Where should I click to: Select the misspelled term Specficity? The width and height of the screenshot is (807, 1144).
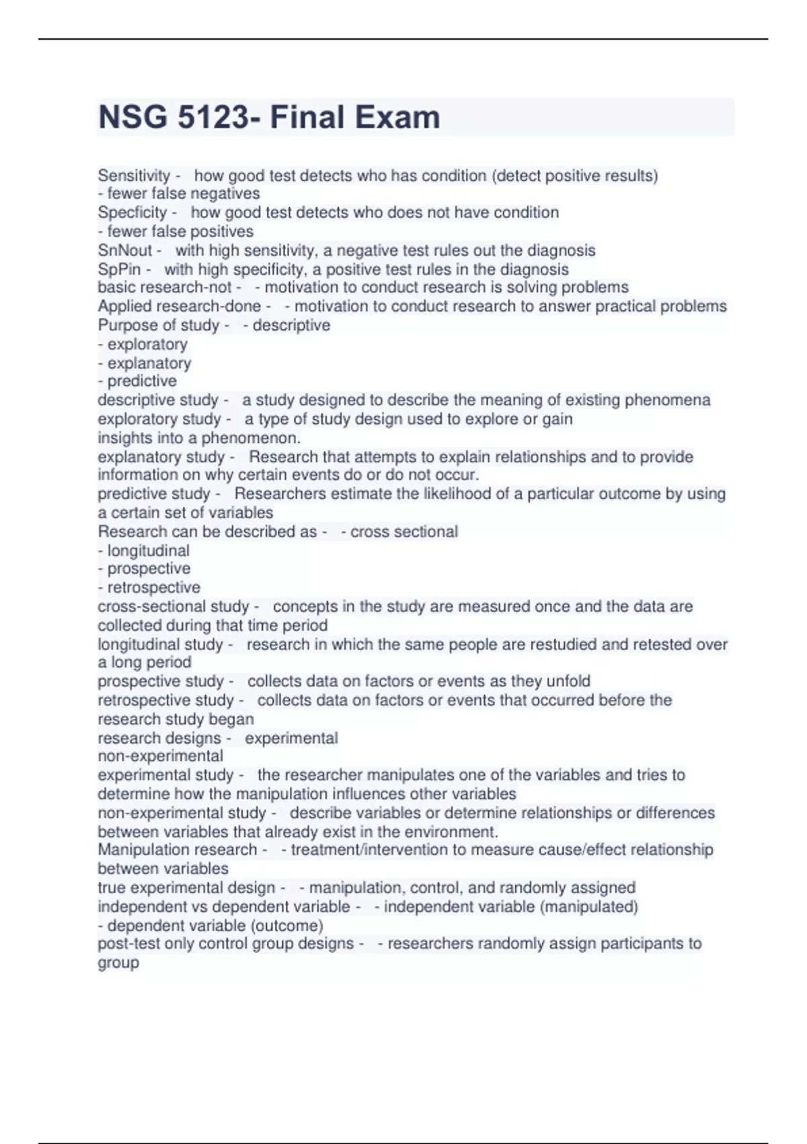(x=132, y=213)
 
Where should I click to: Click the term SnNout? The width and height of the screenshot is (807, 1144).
(x=125, y=251)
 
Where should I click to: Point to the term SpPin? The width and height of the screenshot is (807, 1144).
(x=119, y=270)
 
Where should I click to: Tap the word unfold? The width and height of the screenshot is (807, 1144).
(x=568, y=681)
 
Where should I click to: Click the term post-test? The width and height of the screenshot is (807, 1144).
(x=128, y=943)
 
